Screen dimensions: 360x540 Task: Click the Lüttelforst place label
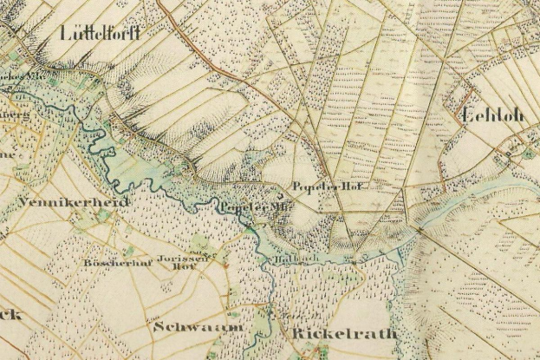101,34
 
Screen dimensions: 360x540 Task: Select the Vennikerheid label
72,202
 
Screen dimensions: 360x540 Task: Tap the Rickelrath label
333,332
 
